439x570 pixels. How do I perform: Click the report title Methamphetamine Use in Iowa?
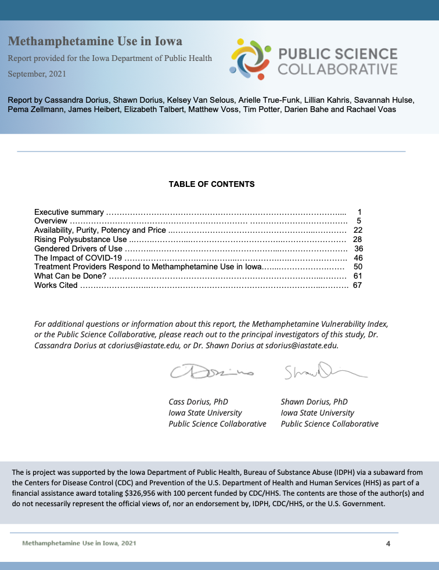(95, 41)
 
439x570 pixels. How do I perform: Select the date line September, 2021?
(37, 74)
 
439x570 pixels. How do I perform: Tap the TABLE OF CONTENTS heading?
(211, 184)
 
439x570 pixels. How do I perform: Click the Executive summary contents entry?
(69, 212)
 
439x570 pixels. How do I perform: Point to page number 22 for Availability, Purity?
(358, 230)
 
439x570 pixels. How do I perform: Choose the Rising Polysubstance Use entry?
(80, 239)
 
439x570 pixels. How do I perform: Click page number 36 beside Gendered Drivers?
(358, 248)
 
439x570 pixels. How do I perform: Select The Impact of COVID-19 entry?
(78, 258)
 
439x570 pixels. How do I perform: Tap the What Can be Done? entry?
(70, 276)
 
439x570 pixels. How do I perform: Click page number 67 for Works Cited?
(358, 285)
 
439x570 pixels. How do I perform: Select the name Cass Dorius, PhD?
(198, 402)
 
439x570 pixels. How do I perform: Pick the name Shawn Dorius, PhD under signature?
(314, 402)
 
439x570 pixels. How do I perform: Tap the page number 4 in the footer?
(388, 543)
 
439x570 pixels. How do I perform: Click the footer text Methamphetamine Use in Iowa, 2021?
(80, 543)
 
